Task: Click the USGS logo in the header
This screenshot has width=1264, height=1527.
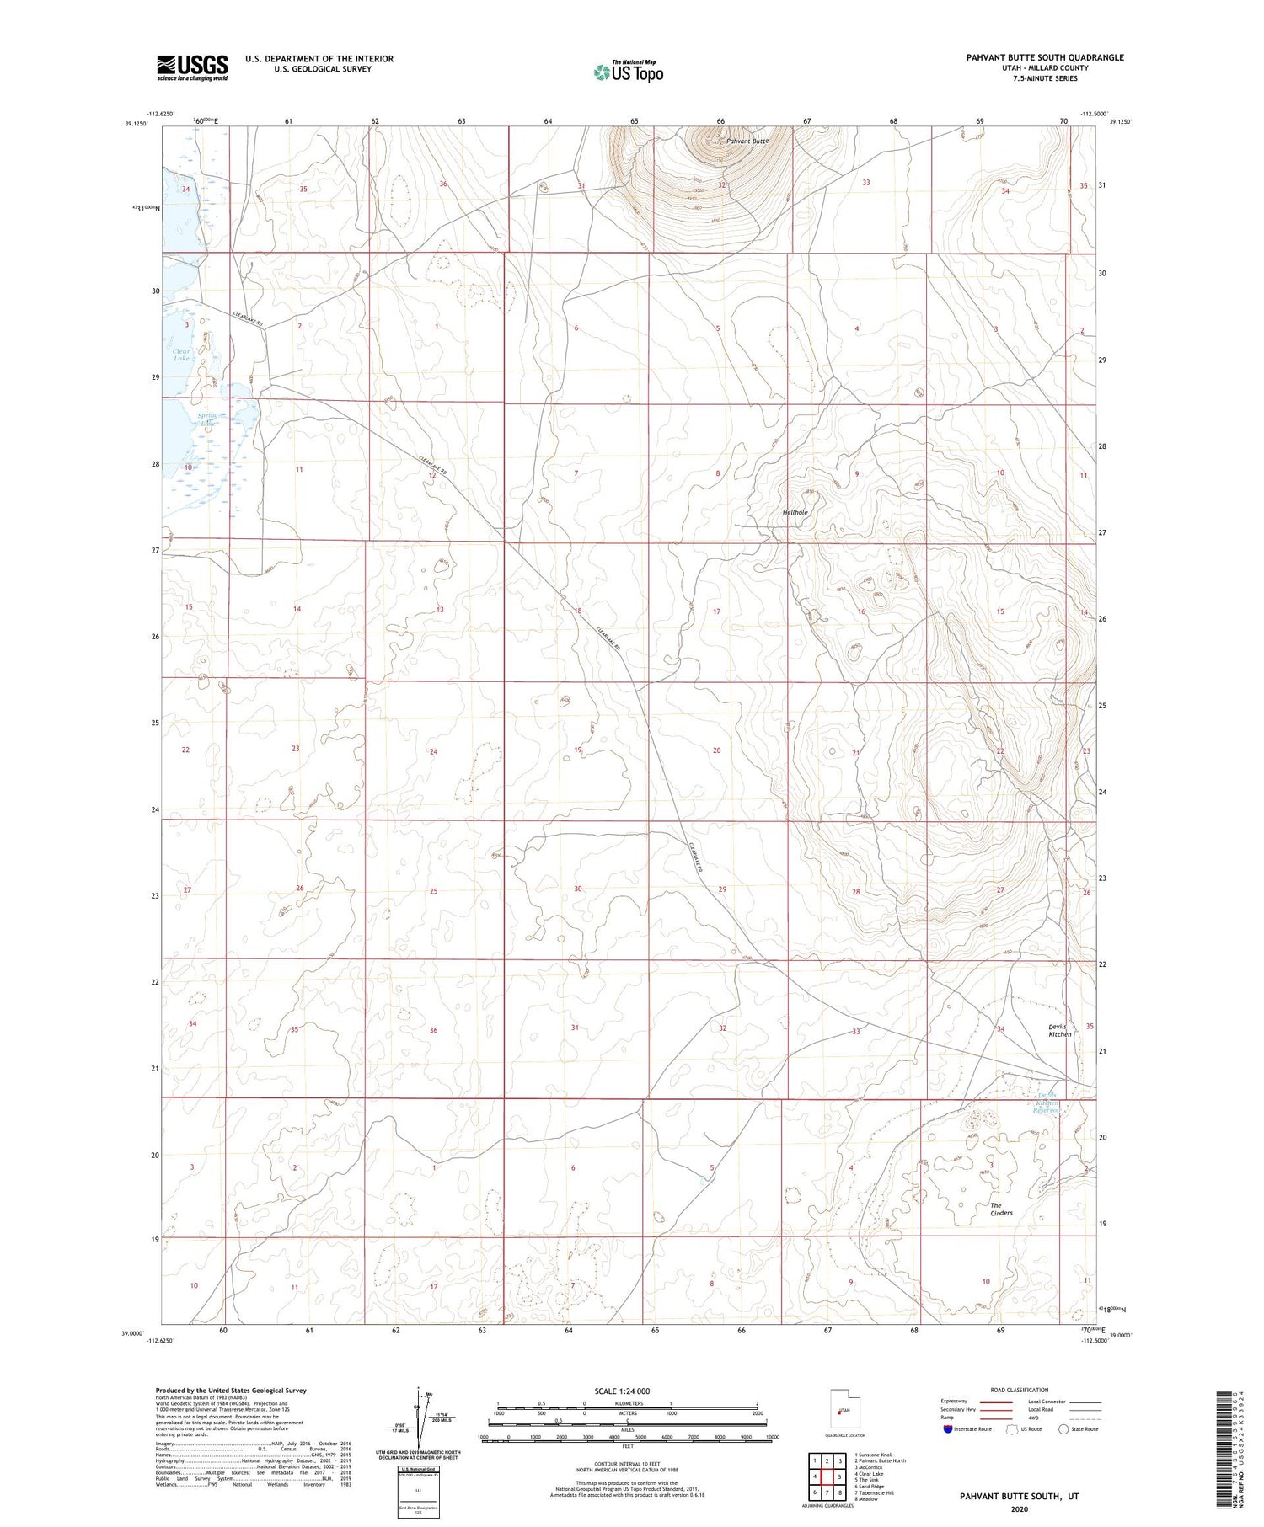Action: (192, 67)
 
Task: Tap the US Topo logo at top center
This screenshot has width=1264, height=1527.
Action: (628, 72)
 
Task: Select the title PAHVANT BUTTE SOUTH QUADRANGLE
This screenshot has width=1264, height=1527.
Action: (1044, 57)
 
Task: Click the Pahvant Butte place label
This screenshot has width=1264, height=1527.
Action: (747, 141)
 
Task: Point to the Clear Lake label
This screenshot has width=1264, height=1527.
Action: (182, 355)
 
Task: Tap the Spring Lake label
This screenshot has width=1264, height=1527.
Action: (207, 419)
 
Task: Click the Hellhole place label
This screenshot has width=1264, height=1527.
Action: (795, 512)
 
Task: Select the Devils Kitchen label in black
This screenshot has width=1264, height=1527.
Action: (1060, 1030)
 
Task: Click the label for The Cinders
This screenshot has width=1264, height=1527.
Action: (1001, 1209)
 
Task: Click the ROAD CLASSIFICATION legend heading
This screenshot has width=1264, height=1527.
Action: (1019, 1390)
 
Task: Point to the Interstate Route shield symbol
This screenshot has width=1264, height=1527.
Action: (949, 1429)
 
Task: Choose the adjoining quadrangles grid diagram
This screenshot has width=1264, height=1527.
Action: (827, 1476)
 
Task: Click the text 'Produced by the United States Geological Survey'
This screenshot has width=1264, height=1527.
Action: (230, 1391)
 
